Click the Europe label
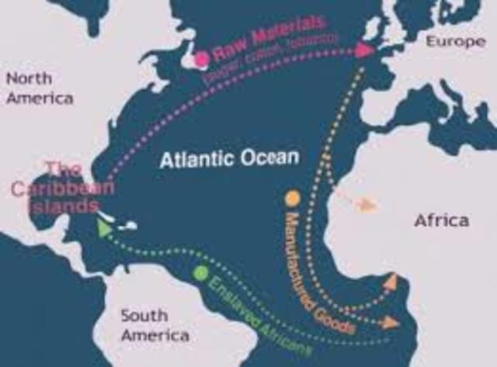click(455, 41)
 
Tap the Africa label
click(441, 220)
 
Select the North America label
click(39, 88)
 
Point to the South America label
click(155, 325)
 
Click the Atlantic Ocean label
click(229, 159)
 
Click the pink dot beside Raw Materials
click(203, 58)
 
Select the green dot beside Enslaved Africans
click(201, 273)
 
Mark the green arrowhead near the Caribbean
click(101, 225)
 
